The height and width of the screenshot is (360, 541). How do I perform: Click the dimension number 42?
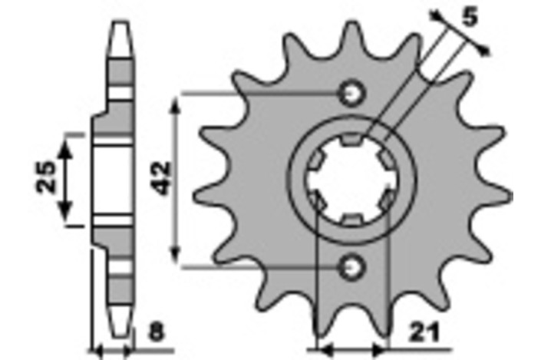(x=160, y=178)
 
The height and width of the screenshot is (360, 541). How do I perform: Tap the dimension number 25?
(x=45, y=177)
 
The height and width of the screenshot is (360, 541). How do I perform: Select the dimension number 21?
(x=424, y=332)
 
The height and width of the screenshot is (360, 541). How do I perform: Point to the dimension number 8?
(x=157, y=332)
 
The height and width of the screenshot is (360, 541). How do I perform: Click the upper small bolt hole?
(x=352, y=93)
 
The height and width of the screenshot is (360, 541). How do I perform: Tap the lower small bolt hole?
(x=352, y=267)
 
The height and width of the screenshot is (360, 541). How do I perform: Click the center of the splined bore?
(x=352, y=180)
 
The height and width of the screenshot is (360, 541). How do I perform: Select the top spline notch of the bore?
(x=352, y=139)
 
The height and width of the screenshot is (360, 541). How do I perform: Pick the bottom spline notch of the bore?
(x=352, y=220)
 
